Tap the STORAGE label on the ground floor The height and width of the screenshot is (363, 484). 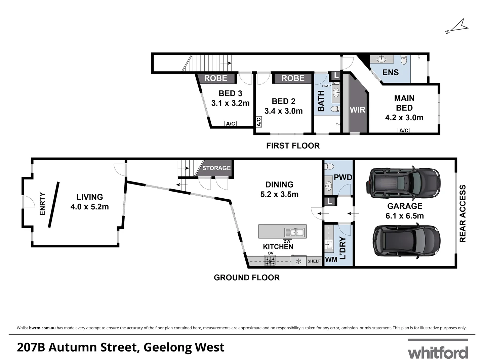point(216,168)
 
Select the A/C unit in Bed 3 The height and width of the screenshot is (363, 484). point(231,124)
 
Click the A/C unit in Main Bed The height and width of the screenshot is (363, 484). point(404,130)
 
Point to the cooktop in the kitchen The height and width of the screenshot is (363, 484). point(270,261)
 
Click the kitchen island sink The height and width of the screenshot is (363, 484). point(294,232)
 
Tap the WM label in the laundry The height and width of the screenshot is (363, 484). point(331,259)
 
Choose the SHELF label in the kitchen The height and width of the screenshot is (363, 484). point(314,261)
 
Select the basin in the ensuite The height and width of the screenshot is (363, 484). point(381,59)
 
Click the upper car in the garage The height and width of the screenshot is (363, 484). point(403,183)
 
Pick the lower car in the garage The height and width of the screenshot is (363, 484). point(406,241)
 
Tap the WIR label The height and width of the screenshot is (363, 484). point(357,110)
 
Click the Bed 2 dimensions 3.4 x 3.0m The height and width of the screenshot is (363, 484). point(284,111)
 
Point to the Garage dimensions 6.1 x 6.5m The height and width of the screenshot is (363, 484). point(405,215)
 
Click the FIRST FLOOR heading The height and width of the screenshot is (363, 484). point(293,146)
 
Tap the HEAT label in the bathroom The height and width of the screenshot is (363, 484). point(326,86)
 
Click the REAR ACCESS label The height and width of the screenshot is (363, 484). point(462,213)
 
